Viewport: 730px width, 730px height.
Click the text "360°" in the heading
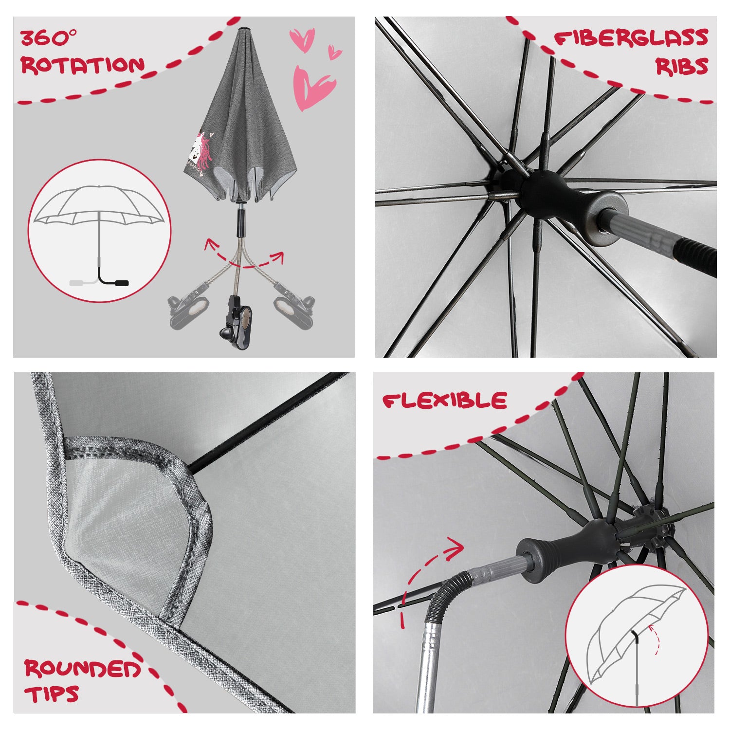[x=49, y=37]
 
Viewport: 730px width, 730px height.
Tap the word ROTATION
[x=83, y=65]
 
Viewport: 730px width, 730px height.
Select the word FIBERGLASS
[x=631, y=38]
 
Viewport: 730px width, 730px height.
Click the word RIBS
[x=682, y=66]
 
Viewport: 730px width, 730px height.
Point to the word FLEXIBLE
[x=445, y=401]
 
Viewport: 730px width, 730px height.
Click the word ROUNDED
[x=82, y=669]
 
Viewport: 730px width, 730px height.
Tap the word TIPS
[x=52, y=694]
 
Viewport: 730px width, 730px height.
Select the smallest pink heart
[x=334, y=52]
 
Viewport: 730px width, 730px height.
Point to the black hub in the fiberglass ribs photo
[x=540, y=195]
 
